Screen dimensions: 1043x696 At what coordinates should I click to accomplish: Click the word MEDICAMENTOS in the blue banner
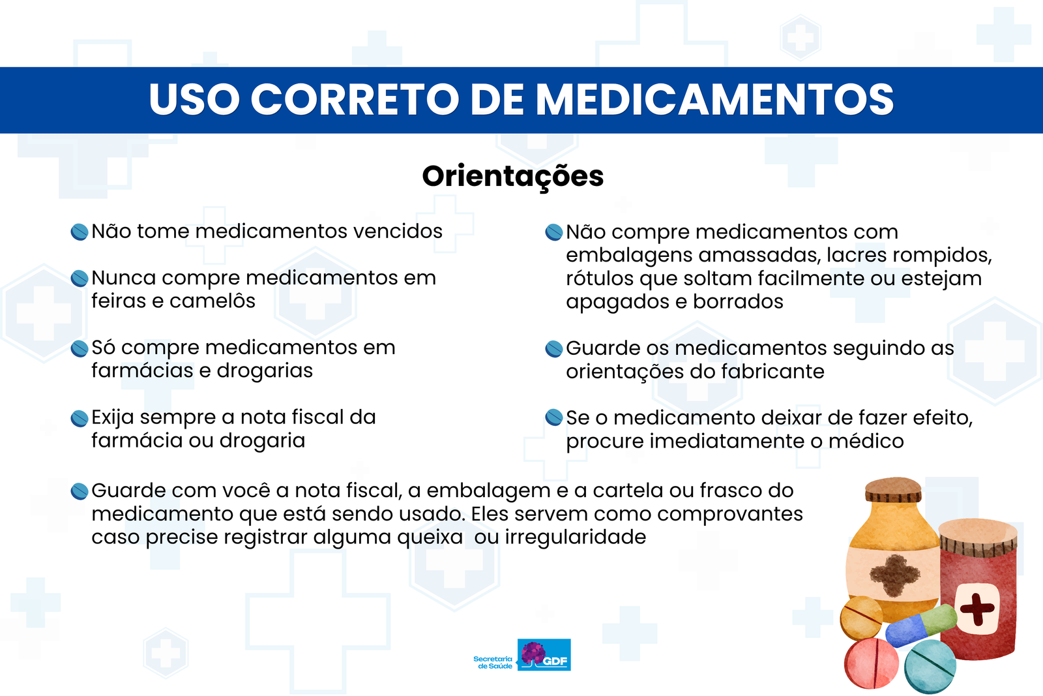coord(714,99)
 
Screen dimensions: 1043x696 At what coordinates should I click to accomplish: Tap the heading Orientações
coord(512,177)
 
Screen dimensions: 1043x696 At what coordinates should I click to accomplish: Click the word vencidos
coord(398,231)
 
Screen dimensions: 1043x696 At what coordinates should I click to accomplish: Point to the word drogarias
coord(265,371)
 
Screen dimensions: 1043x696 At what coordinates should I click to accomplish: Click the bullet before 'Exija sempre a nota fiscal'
coord(80,418)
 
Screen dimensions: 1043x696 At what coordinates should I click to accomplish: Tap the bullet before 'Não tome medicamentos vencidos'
coord(80,232)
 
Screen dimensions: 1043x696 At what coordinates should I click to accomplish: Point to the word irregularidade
coord(576,537)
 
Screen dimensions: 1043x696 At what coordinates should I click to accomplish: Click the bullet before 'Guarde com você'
coord(80,491)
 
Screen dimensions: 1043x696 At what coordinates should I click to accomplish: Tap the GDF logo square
coord(544,654)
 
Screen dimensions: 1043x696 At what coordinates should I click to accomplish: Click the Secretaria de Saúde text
coord(493,663)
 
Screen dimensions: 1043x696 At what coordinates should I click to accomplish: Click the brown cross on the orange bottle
coord(895,575)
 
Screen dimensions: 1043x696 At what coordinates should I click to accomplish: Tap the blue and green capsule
coord(921,624)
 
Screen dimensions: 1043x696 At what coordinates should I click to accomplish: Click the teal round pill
coord(930,666)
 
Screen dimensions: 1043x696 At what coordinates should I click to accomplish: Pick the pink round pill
coord(871,663)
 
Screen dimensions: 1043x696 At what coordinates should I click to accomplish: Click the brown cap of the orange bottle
coord(893,490)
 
